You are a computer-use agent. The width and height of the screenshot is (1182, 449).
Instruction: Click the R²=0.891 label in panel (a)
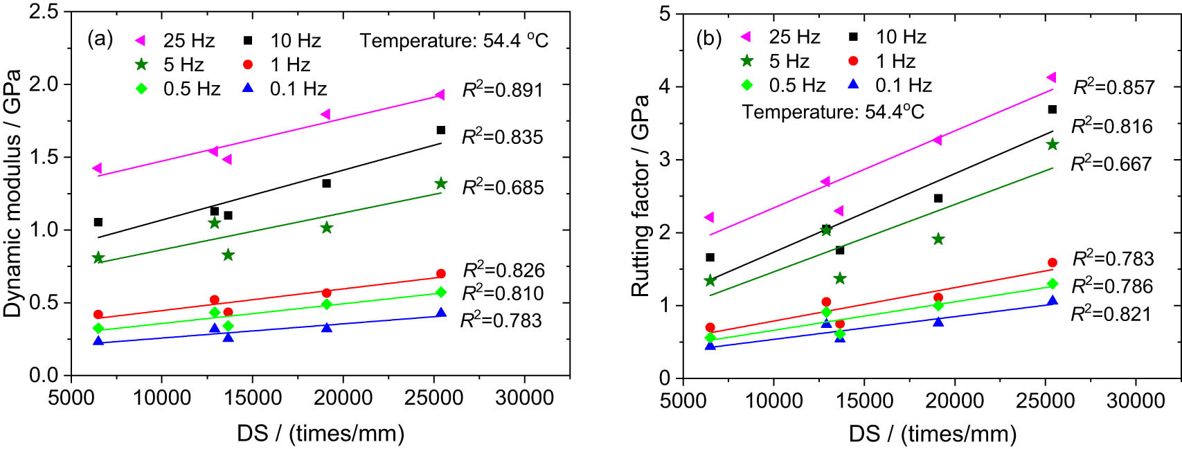tap(502, 90)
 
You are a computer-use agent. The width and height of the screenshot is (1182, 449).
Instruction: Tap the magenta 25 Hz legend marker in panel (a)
tap(141, 41)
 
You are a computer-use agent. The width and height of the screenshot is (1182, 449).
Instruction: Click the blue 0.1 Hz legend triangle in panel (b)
tap(854, 84)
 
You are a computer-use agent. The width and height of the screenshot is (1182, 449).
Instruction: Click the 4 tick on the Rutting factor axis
tap(665, 86)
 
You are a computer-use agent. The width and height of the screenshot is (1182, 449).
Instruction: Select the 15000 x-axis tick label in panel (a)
tap(252, 398)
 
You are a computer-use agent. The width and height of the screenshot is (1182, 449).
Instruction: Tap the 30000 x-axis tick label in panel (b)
tap(1136, 401)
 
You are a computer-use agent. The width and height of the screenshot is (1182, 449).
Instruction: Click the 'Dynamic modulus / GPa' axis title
tap(12, 194)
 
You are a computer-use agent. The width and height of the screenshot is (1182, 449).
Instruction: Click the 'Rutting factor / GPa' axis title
tap(640, 196)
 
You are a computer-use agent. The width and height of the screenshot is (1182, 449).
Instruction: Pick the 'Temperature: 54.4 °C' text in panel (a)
tap(454, 41)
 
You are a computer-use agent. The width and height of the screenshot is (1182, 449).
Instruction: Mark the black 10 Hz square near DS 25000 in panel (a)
tap(441, 130)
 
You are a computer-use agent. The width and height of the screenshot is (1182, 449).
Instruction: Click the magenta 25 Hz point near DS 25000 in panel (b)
tap(1051, 77)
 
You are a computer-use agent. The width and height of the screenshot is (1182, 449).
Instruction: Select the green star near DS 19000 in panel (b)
tap(938, 239)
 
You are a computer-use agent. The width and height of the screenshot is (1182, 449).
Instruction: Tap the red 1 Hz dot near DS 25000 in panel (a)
tap(441, 274)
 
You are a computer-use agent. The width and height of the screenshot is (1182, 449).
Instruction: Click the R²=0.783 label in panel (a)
tap(501, 320)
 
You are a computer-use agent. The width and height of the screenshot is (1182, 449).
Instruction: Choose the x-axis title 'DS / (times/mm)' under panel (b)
tap(932, 434)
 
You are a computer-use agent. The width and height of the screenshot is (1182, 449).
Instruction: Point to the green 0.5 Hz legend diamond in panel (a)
tap(141, 89)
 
